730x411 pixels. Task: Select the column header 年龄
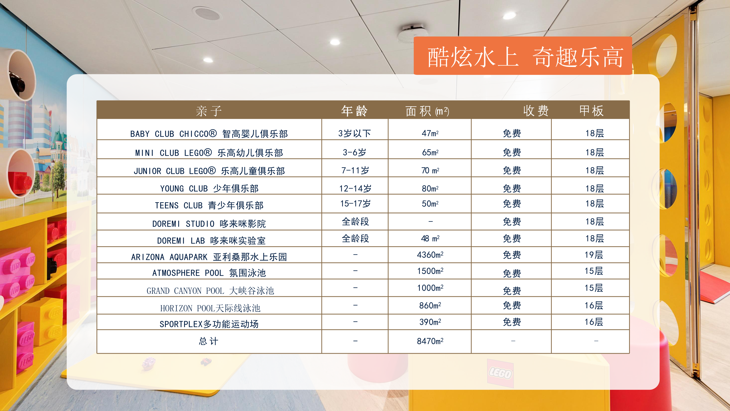[x=354, y=111]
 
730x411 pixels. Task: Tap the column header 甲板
[x=591, y=111]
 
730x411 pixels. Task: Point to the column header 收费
[x=536, y=111]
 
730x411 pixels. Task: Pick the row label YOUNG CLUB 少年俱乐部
[x=209, y=188]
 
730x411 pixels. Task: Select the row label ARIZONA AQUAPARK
[x=209, y=257]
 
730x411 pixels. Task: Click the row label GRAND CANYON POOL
[x=210, y=291]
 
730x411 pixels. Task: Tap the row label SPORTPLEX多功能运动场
[x=209, y=324]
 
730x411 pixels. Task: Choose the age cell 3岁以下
[x=355, y=133]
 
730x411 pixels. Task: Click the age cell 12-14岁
[x=355, y=188]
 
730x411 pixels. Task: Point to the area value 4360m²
[x=430, y=255]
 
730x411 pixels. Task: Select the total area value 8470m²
[x=430, y=341]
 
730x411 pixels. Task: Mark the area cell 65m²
[x=430, y=152]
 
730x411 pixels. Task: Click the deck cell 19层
[x=594, y=255]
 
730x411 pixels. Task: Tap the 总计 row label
[x=209, y=341]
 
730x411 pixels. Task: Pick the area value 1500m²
[x=430, y=271]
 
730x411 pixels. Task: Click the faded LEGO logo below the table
[x=500, y=373]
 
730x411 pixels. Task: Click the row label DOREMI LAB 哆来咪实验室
[x=211, y=241]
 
